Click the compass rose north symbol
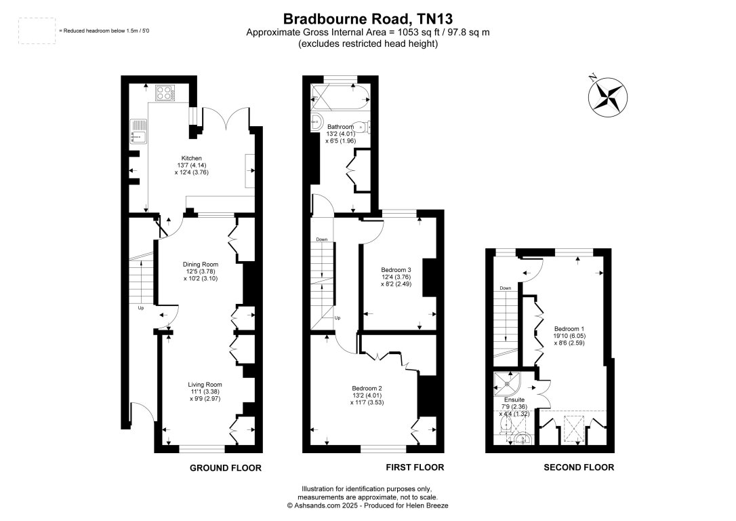(608, 95)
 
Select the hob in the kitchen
(165, 92)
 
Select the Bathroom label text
(340, 127)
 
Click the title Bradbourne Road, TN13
(368, 18)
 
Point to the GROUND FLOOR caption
(225, 468)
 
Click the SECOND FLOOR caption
(579, 467)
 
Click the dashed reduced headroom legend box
(37, 31)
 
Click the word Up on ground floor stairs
(141, 308)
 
